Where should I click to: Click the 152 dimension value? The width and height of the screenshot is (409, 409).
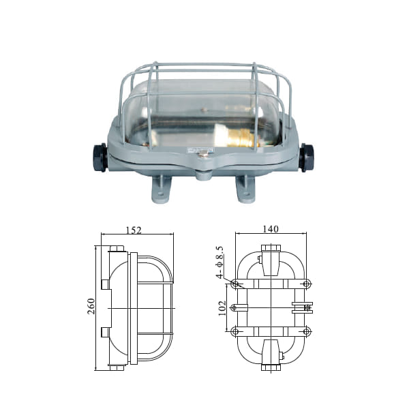click(134, 230)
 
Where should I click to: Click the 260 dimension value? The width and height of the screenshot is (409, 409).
click(91, 306)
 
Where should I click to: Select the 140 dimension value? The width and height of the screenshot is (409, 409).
click(271, 229)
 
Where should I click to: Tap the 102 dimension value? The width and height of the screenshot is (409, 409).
click(222, 308)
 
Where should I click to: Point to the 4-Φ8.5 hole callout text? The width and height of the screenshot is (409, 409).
click(219, 262)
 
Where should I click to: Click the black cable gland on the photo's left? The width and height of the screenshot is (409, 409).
click(100, 157)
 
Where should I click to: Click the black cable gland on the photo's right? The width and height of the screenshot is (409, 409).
click(307, 157)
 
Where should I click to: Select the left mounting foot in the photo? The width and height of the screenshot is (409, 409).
click(161, 188)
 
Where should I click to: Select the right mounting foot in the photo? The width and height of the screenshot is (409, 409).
click(245, 189)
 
